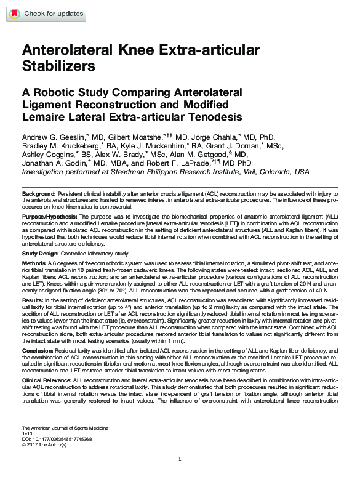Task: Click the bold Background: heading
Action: point(38,193)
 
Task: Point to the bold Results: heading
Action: point(33,299)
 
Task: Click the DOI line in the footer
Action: point(56,440)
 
